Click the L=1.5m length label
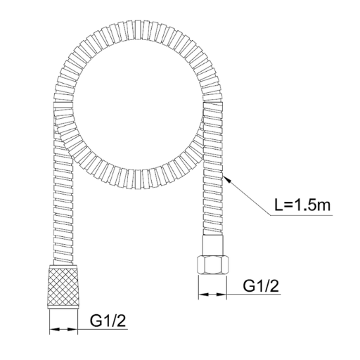[303, 205]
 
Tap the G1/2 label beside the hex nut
[261, 285]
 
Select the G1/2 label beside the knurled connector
[108, 321]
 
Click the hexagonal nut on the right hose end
[212, 265]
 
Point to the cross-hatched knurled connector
[63, 288]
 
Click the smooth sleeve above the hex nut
[213, 245]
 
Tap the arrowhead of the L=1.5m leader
[227, 179]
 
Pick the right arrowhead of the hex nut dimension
[221, 294]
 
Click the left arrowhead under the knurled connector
[55, 329]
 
